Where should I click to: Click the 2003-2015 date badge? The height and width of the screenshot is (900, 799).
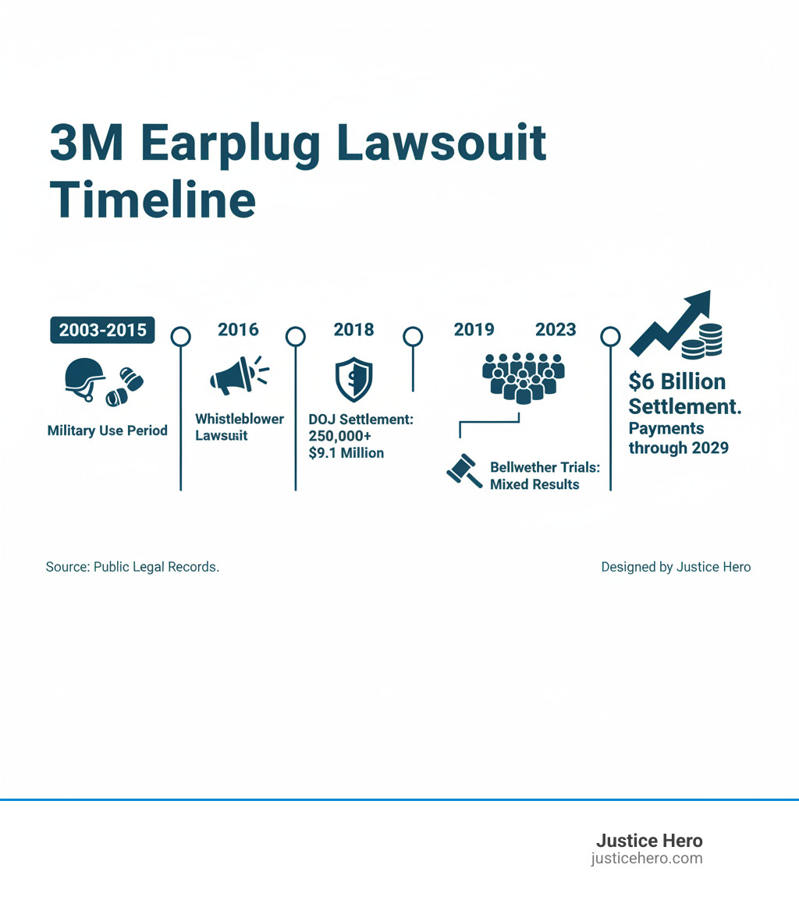click(x=102, y=330)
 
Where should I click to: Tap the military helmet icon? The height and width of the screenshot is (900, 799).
click(x=84, y=378)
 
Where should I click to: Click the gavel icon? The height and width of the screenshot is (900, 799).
click(x=463, y=472)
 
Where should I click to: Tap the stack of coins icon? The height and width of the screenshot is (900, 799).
click(x=702, y=341)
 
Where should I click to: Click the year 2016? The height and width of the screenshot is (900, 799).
click(x=238, y=330)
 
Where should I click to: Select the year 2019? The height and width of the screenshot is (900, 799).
click(x=474, y=330)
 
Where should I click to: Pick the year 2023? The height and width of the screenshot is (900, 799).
click(x=556, y=330)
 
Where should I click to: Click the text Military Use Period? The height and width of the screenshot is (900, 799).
click(x=108, y=431)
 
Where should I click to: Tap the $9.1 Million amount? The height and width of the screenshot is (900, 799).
click(x=346, y=453)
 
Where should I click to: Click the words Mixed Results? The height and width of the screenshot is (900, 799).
click(x=534, y=484)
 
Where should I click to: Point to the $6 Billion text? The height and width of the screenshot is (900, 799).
click(x=677, y=382)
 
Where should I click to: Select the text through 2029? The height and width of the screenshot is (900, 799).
click(x=679, y=448)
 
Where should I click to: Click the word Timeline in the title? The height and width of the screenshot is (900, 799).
click(x=153, y=200)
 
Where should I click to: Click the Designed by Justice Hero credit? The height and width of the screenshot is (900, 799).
click(x=676, y=567)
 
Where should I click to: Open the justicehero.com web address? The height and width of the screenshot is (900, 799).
click(x=647, y=859)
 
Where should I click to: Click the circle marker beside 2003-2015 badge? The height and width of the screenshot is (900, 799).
click(x=181, y=336)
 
